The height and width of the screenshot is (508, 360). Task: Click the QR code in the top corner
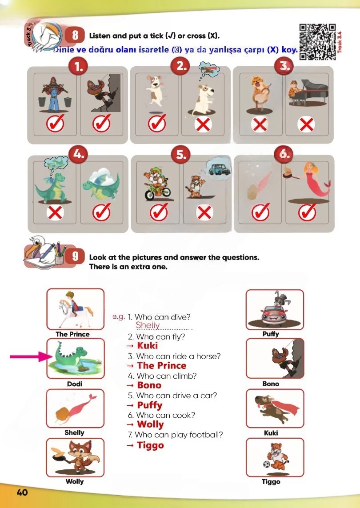(317, 42)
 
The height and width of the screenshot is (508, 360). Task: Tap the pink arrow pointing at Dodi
(31, 357)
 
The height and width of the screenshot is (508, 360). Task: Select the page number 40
(22, 492)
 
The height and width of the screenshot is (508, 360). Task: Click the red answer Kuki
(148, 346)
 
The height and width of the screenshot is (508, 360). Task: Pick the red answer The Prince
(162, 365)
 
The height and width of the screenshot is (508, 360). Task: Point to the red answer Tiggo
(150, 445)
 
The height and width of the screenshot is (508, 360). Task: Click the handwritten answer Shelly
(148, 325)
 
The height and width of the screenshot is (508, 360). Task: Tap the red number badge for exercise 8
(75, 35)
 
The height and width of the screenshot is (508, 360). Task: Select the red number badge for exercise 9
(75, 256)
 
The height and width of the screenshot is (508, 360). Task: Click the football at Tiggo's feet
(266, 464)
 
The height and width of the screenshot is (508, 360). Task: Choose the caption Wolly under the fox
(75, 481)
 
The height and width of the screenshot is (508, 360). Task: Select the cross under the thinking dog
(203, 124)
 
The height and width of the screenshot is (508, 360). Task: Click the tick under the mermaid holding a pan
(307, 212)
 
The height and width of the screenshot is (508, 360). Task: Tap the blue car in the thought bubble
(220, 169)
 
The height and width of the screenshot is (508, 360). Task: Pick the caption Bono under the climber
(271, 384)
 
